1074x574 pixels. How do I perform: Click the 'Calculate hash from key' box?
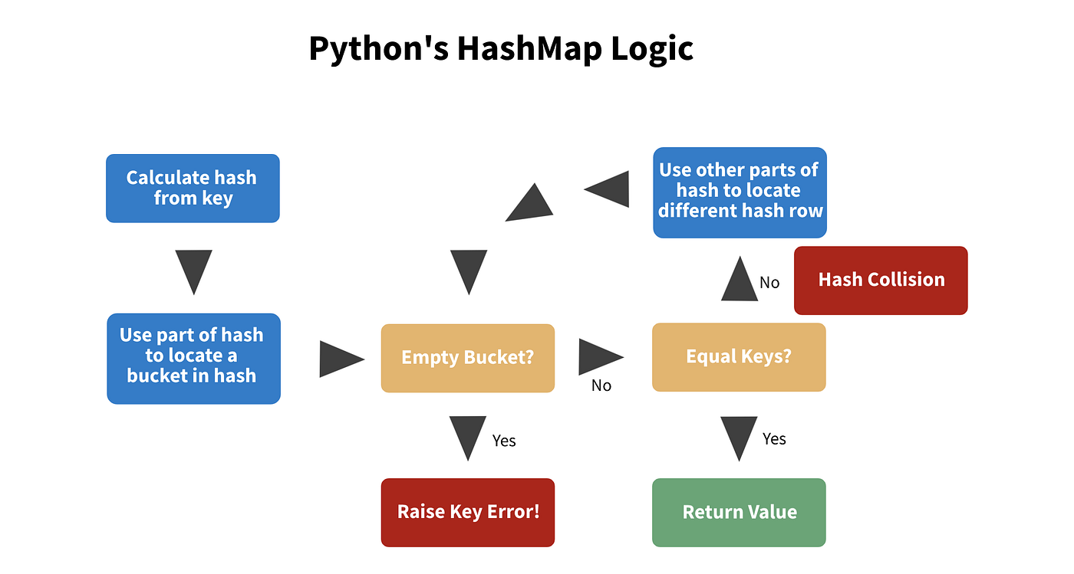193,189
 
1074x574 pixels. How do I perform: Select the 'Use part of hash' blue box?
193,359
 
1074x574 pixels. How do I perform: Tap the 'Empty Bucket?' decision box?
467,358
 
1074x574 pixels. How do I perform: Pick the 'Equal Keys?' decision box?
739,357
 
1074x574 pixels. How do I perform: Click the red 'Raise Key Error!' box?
467,513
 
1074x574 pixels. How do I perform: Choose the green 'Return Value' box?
739,513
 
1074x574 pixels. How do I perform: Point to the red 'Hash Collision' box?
881,280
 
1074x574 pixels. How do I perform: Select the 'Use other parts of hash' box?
740,192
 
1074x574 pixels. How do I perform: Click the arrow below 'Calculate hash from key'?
193,271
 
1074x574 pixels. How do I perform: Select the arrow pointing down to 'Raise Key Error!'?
467,437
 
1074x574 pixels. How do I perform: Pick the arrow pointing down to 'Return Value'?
739,437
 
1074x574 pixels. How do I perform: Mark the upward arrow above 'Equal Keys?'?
739,280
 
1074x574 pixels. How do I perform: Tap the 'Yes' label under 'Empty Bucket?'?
504,441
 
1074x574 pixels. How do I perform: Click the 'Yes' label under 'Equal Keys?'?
775,438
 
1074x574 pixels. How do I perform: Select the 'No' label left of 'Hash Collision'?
769,283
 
